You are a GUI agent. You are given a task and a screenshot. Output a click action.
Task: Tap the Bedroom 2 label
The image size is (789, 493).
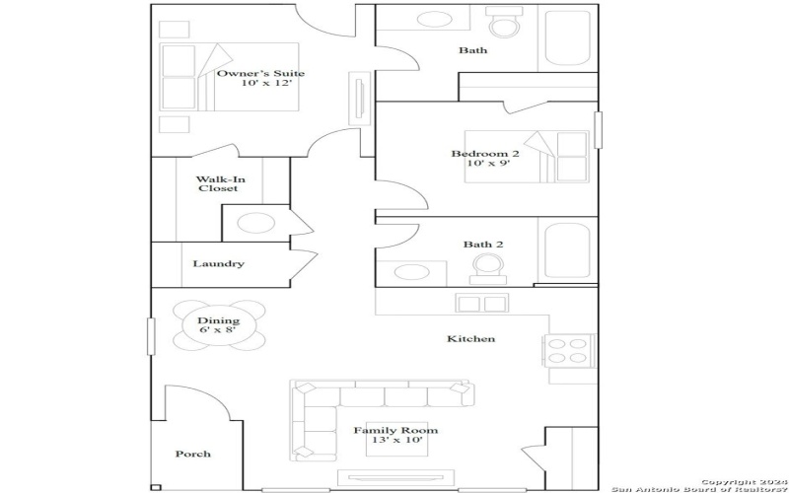pos(485,153)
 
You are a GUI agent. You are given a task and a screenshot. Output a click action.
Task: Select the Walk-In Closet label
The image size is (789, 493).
pos(217,183)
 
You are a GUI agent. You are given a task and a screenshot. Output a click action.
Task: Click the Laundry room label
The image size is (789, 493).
pos(218,263)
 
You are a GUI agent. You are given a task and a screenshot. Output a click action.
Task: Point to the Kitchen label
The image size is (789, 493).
pos(471,338)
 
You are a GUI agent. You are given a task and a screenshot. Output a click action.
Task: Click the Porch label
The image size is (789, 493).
pos(192,454)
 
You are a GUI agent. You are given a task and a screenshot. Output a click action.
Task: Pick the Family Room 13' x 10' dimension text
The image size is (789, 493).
pos(395,439)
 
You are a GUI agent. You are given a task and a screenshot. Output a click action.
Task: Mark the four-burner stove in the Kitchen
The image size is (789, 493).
pos(568,352)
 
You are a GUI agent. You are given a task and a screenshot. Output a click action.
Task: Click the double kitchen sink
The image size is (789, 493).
pos(480,303)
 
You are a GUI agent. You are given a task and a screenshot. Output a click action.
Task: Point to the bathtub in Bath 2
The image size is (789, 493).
pos(567,250)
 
